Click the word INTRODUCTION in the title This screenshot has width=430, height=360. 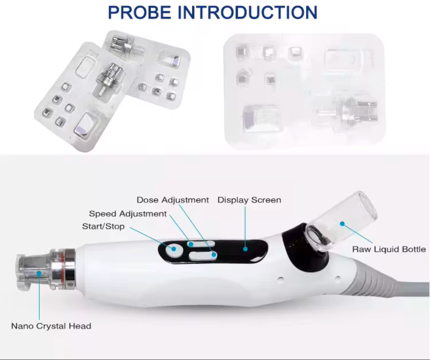[x=247, y=13]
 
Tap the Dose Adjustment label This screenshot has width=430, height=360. [x=173, y=200]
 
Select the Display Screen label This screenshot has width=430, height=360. [x=249, y=200]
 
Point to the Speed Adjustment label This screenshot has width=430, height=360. [x=128, y=214]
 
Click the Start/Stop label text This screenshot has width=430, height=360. [x=103, y=227]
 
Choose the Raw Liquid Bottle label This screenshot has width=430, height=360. [x=389, y=249]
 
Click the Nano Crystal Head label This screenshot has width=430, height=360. [x=51, y=326]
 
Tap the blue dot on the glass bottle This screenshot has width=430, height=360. [x=342, y=224]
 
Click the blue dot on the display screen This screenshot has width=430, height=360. [x=245, y=249]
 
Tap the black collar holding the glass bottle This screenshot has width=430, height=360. [x=303, y=250]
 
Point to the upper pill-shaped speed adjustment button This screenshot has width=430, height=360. [x=201, y=244]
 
